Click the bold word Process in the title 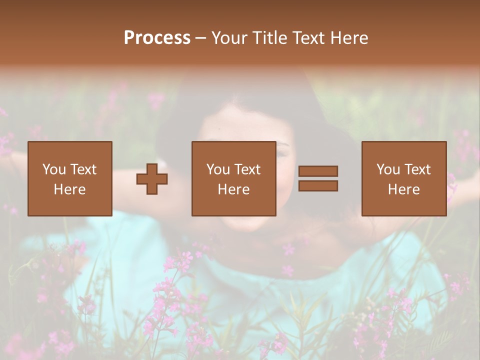tap(157, 38)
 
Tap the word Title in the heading tap(269, 38)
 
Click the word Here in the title tap(348, 38)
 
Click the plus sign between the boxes tap(152, 178)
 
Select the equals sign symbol tap(318, 178)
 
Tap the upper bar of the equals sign tap(318, 171)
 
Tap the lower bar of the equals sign tap(318, 186)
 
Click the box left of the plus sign tap(69, 178)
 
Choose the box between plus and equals tap(233, 178)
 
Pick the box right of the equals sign tap(403, 178)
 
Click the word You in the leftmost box tap(54, 169)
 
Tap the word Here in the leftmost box tap(69, 189)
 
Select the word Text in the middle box tap(247, 169)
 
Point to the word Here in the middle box tap(233, 189)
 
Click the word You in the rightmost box tap(388, 169)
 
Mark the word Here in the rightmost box tap(403, 189)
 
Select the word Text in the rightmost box tap(417, 169)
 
